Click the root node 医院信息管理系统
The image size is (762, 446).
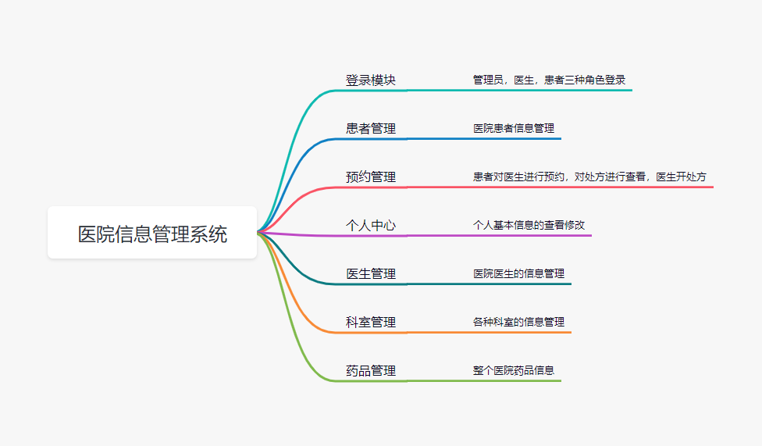tap(152, 234)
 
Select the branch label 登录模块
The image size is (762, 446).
tap(371, 80)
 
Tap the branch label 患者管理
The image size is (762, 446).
tap(371, 129)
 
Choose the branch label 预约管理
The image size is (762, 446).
tap(371, 177)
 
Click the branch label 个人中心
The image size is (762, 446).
tap(371, 226)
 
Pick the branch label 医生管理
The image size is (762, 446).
tap(371, 274)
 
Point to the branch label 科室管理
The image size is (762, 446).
tap(371, 323)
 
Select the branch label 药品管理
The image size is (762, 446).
tap(371, 371)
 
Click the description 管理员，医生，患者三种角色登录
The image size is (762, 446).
tap(549, 80)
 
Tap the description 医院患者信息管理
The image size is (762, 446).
tap(514, 128)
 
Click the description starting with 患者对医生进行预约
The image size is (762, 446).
tap(589, 177)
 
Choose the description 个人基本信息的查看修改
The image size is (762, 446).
tap(529, 225)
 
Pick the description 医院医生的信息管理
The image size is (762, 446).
tap(518, 273)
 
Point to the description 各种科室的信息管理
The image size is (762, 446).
tap(518, 322)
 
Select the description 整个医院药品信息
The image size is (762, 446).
tap(514, 370)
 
